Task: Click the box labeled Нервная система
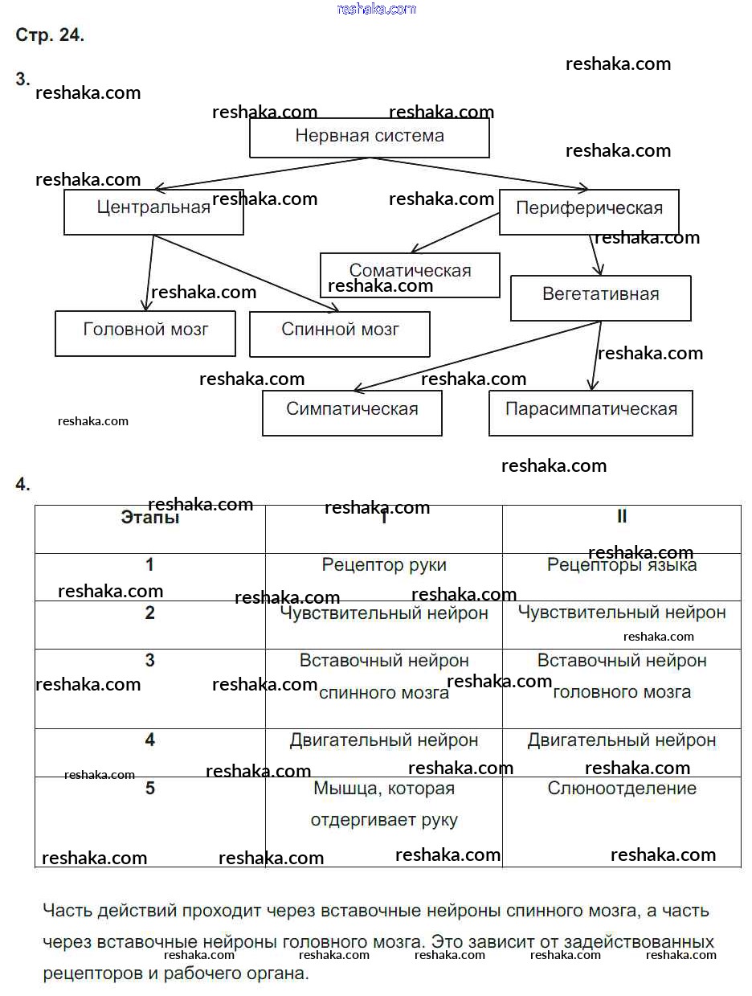click(x=369, y=137)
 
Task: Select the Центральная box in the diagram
click(x=153, y=211)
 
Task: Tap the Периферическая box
click(x=589, y=211)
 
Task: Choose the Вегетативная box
click(x=600, y=297)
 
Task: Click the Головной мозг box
click(x=145, y=333)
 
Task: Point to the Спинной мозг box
click(x=340, y=334)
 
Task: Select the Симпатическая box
click(x=352, y=412)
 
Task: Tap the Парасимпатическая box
click(x=591, y=412)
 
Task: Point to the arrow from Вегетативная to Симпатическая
click(x=478, y=356)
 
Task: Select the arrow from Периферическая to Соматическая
click(x=454, y=233)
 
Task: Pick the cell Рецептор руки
click(x=384, y=565)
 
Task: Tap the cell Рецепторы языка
click(x=622, y=565)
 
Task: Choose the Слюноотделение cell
click(x=622, y=789)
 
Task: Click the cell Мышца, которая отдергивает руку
click(x=384, y=805)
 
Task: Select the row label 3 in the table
click(x=150, y=661)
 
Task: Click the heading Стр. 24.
click(x=50, y=35)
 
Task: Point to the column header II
click(x=622, y=517)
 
